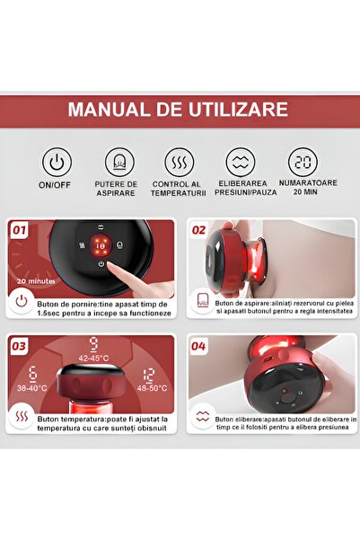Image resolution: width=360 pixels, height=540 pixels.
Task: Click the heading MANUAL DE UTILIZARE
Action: (x=179, y=111)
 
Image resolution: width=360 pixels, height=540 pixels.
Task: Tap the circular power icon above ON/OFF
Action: (x=57, y=163)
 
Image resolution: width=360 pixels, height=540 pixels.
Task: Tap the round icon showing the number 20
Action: (x=303, y=163)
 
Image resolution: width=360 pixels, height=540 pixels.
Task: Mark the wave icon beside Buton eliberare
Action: (x=203, y=418)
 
